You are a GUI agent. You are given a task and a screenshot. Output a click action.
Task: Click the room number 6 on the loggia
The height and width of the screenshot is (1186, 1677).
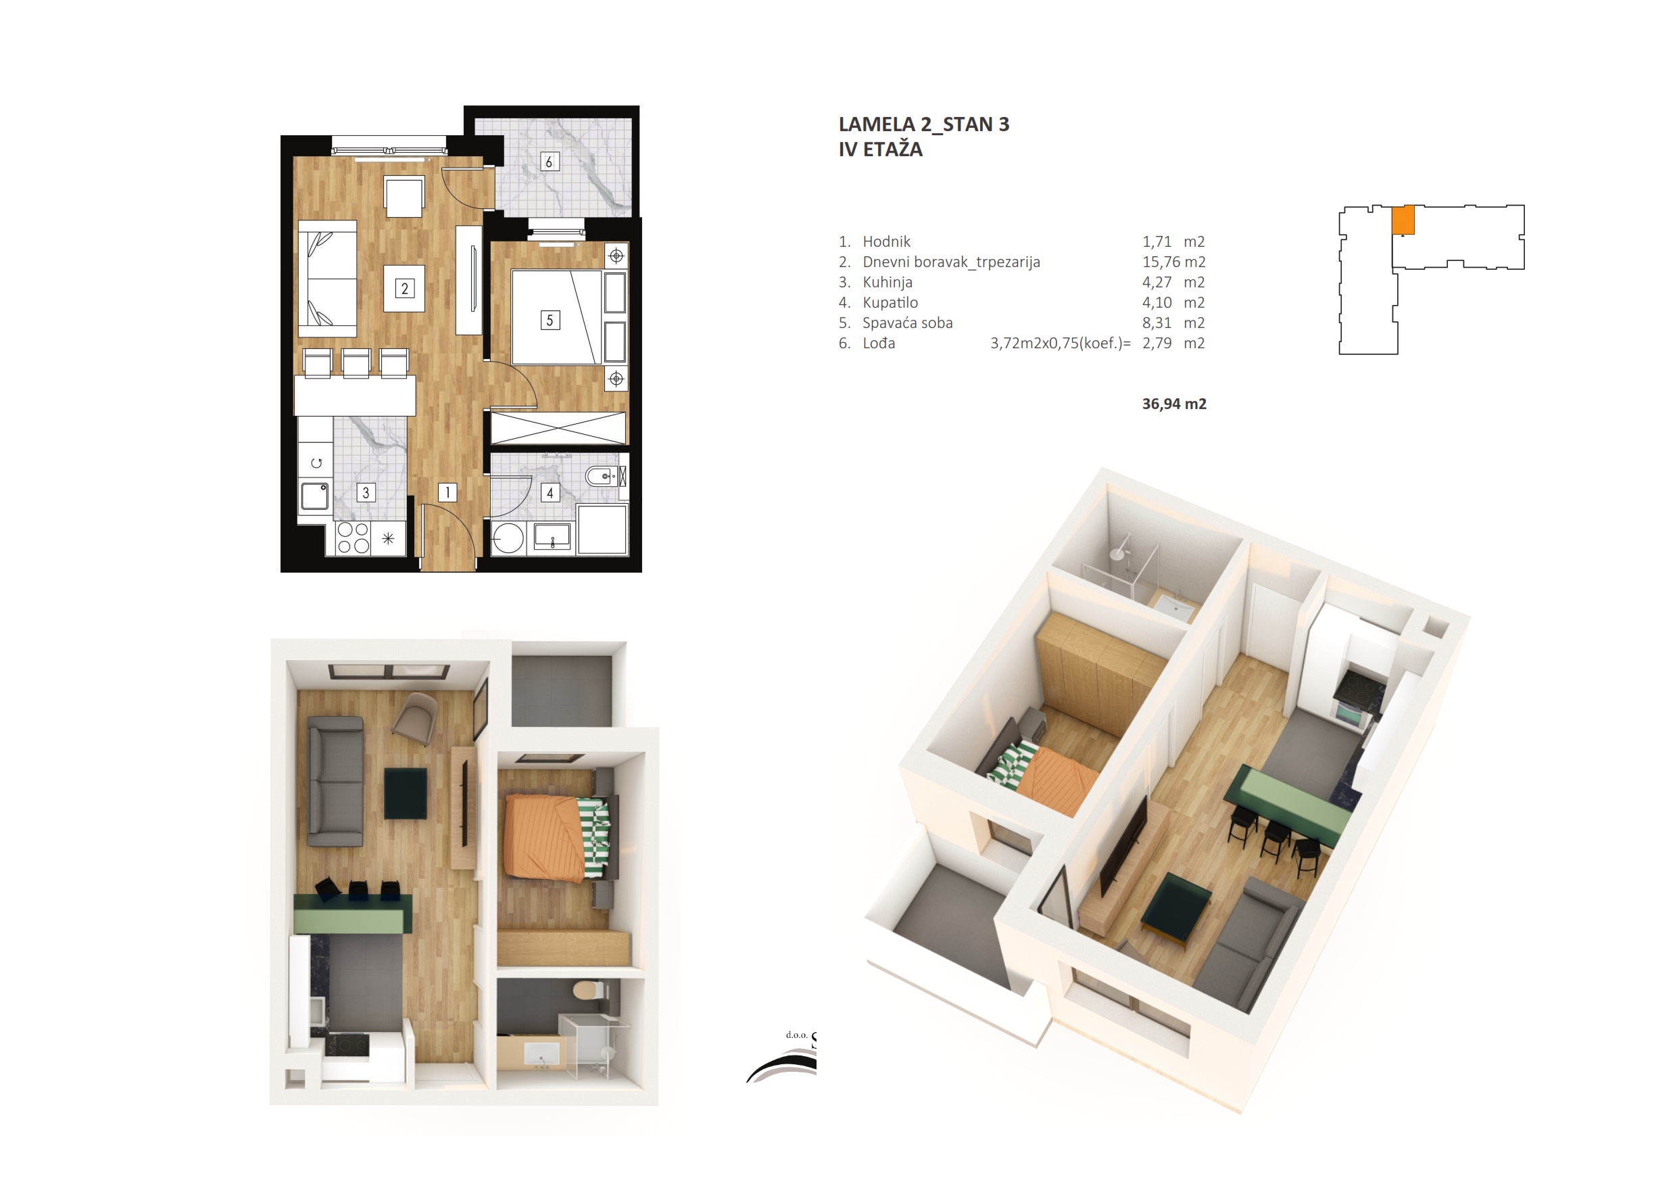coord(549,162)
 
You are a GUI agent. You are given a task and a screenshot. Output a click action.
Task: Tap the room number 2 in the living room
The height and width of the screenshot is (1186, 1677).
coord(405,289)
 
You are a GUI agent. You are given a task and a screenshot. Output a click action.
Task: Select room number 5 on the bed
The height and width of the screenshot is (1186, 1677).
coord(550,320)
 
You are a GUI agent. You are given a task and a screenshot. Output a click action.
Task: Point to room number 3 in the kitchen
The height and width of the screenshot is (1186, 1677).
coord(366,492)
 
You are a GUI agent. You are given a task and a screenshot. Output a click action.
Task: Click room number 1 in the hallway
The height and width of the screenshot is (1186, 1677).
coord(447,492)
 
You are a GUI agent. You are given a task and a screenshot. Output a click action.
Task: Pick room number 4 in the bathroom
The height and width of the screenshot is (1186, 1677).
coord(550,492)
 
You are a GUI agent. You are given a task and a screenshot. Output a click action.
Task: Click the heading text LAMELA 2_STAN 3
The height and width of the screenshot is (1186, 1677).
coord(924,125)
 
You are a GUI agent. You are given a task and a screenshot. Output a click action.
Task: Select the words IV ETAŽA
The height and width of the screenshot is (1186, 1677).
coord(880,150)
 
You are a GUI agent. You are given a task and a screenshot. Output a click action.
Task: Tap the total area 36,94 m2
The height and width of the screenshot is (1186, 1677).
coord(1173,404)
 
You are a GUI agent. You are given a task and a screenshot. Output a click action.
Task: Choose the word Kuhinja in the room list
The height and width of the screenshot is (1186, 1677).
coord(888,283)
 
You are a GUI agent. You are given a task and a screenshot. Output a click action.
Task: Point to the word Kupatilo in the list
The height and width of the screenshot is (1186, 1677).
coord(890,302)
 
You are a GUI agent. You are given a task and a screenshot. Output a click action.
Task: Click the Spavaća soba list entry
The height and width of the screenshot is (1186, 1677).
coord(908,323)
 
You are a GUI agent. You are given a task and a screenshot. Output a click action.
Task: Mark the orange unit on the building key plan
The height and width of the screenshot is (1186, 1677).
coord(1403,220)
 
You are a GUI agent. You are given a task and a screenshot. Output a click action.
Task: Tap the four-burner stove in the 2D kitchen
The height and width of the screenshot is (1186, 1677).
coord(353,538)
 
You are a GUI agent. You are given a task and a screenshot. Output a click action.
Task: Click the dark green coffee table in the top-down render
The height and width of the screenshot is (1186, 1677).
coord(406,794)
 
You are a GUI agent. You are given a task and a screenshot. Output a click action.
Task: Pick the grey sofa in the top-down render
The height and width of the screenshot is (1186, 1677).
coord(335,781)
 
